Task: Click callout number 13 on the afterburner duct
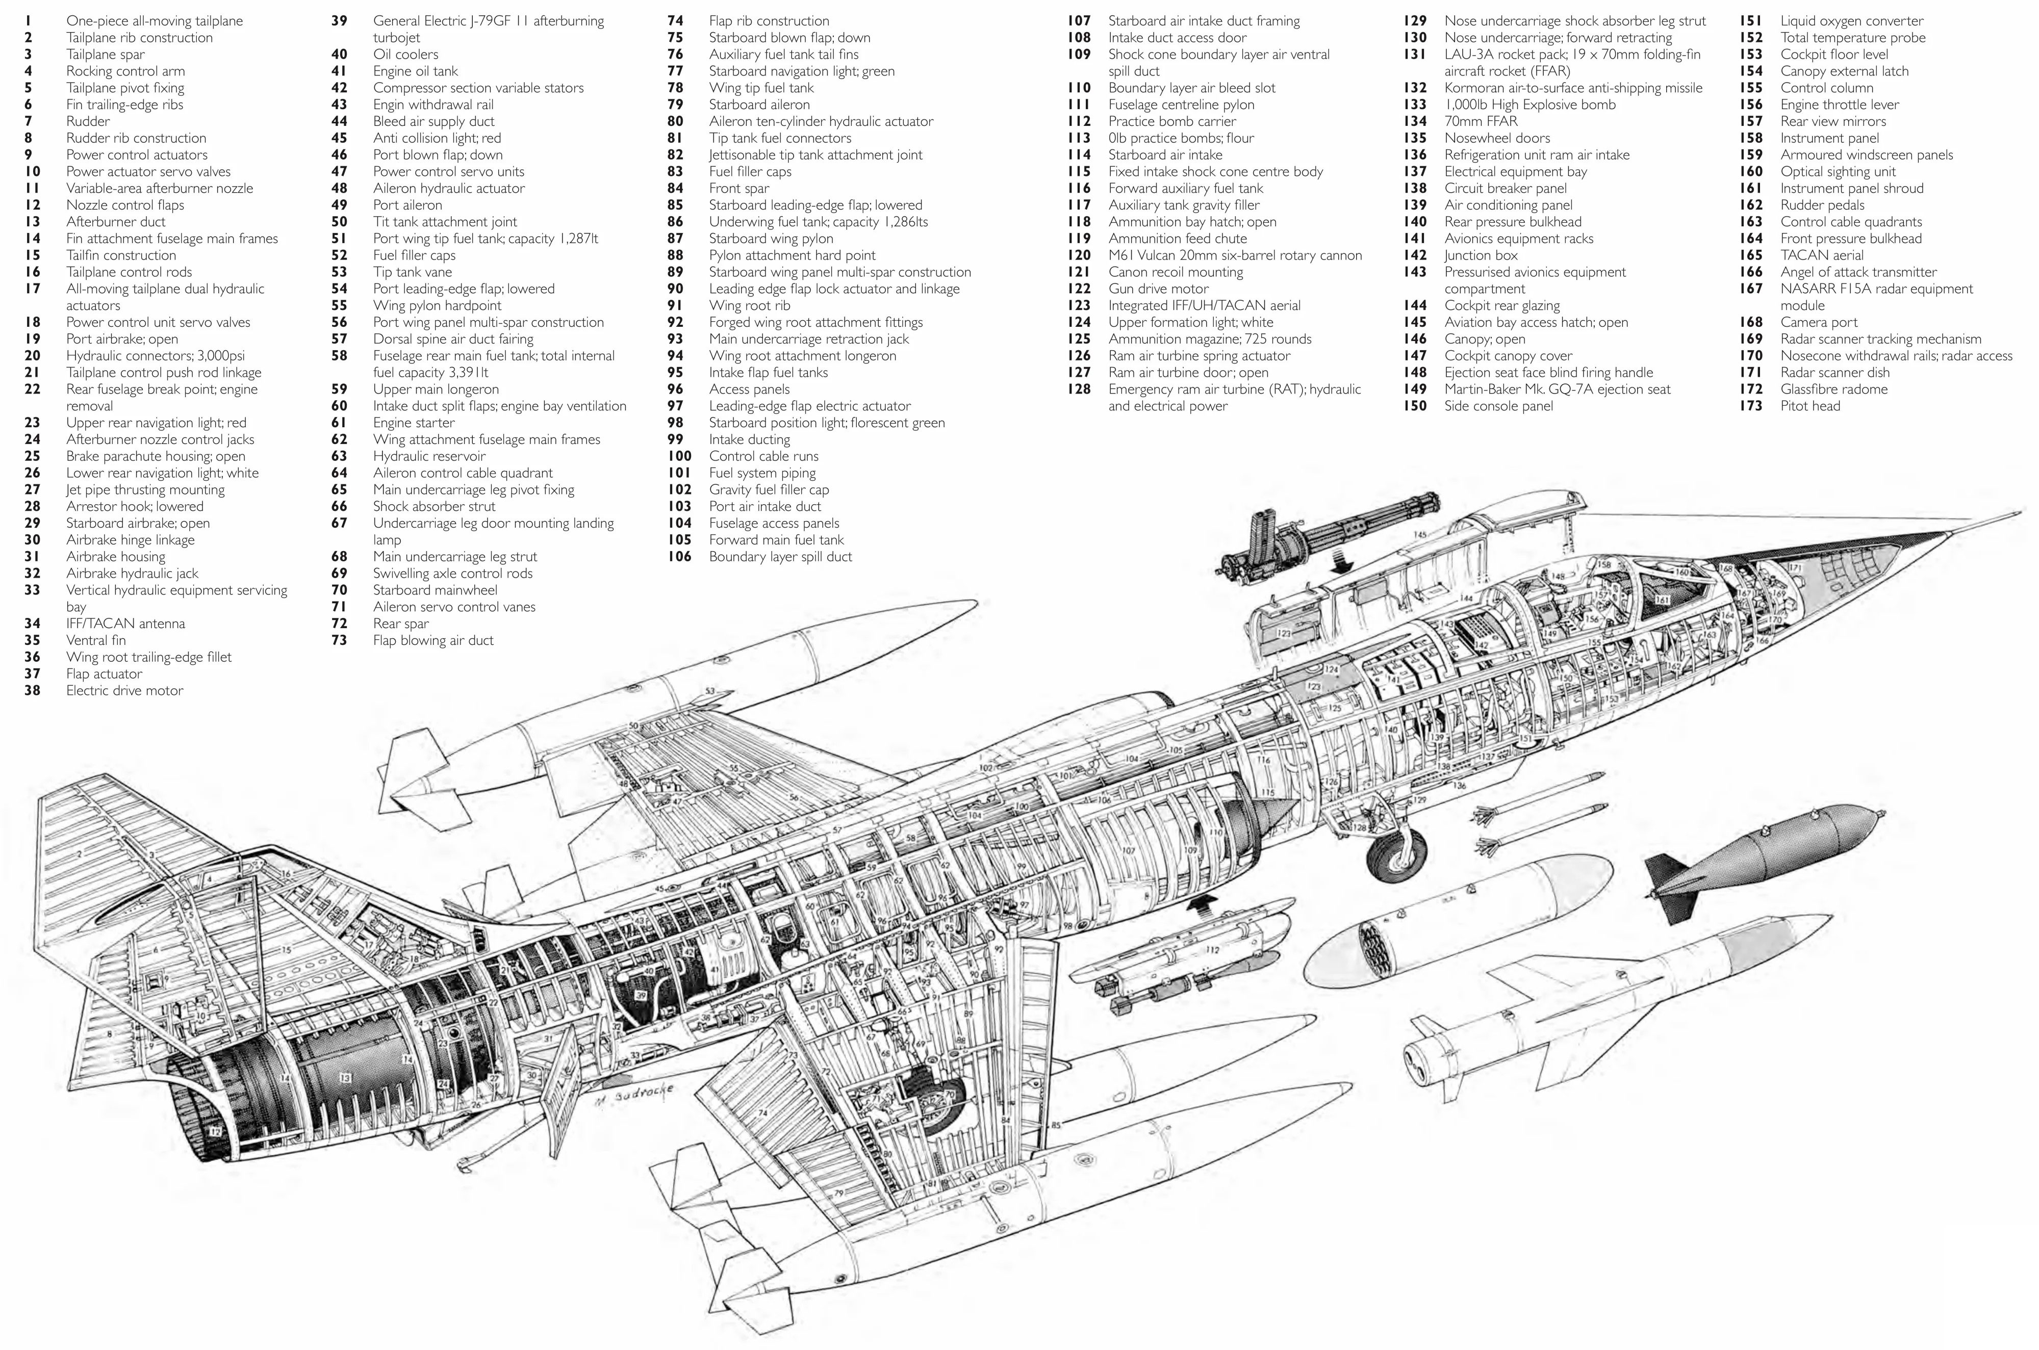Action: [345, 1077]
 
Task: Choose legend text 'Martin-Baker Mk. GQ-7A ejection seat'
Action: [1557, 389]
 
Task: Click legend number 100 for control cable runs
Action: [679, 456]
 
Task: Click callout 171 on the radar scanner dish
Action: [1795, 568]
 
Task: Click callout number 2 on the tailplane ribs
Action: [79, 854]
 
